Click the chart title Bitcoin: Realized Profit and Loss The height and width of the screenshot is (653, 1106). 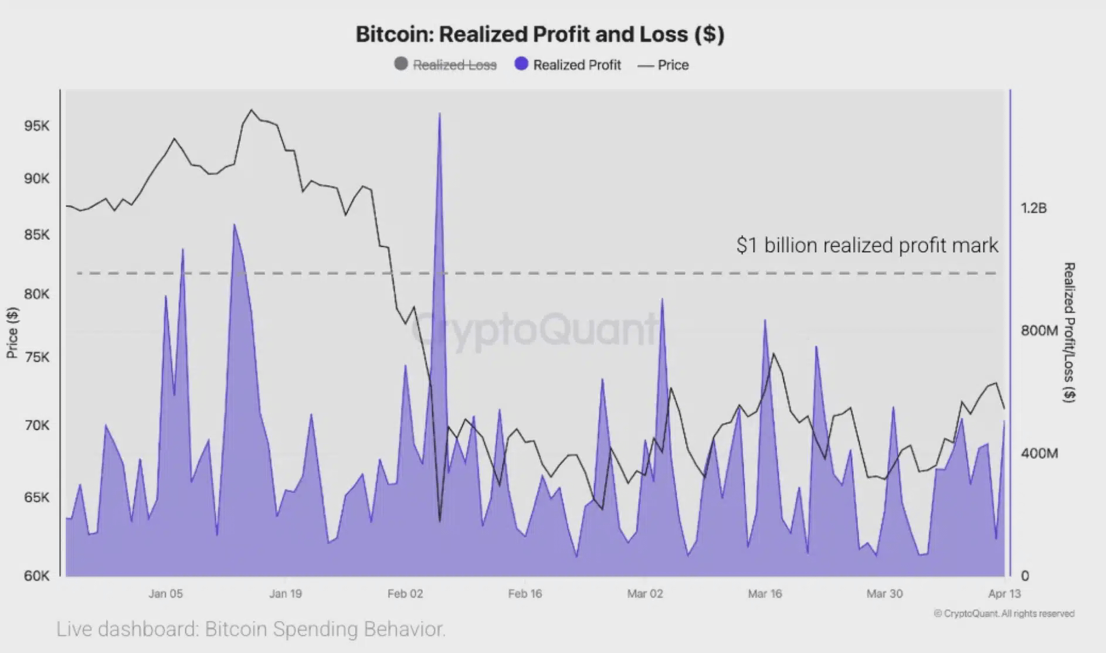[540, 34]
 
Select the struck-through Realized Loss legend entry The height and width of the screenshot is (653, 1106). [446, 64]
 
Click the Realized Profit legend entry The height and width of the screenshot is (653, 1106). [568, 64]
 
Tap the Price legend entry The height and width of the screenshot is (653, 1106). [663, 64]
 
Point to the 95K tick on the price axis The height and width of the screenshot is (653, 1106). [36, 126]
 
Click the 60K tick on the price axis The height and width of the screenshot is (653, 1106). [36, 576]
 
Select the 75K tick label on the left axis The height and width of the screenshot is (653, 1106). [36, 357]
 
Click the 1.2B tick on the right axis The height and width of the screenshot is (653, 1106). [1033, 208]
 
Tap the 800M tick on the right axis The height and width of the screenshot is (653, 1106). [1039, 331]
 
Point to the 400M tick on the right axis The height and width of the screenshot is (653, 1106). [1039, 453]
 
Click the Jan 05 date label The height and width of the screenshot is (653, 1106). [165, 594]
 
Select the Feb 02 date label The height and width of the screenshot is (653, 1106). [405, 594]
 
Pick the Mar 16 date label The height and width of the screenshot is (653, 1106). [765, 594]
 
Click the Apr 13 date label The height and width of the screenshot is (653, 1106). [1004, 594]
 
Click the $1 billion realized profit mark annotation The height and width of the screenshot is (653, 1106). [867, 245]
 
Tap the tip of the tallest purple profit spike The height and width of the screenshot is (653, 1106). [439, 114]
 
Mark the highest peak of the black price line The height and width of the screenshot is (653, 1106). [252, 110]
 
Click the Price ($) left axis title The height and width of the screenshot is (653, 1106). [12, 332]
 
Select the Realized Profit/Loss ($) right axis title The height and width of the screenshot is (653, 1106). [1069, 332]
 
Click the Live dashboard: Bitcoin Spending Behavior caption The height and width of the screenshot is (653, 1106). [251, 629]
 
